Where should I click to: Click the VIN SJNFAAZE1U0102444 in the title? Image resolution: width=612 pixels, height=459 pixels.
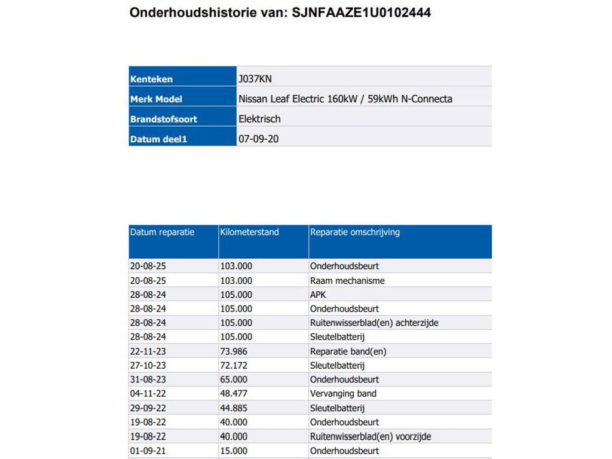click(x=361, y=13)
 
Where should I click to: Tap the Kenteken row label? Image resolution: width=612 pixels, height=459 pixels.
click(x=151, y=79)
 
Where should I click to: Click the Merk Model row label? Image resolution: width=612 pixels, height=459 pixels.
click(x=156, y=99)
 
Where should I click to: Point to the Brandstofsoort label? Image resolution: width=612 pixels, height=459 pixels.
click(x=163, y=119)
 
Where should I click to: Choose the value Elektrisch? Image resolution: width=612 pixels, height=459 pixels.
click(x=259, y=119)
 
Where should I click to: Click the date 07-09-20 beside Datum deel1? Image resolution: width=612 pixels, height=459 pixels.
click(x=258, y=139)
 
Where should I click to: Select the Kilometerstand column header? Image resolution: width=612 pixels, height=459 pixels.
click(x=249, y=232)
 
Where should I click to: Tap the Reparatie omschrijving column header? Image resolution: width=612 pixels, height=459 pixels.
click(x=355, y=232)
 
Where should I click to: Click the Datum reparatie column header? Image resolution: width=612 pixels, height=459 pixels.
click(x=162, y=232)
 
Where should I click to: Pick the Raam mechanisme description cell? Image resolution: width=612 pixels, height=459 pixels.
click(x=347, y=280)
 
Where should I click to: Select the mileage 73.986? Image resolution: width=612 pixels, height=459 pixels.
click(x=234, y=351)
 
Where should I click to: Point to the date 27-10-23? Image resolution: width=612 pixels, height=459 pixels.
click(x=146, y=365)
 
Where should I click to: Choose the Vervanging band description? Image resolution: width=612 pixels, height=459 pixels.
click(x=343, y=394)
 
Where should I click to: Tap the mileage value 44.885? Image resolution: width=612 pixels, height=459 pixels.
click(x=234, y=408)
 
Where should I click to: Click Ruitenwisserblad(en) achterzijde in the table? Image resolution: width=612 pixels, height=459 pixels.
click(x=374, y=323)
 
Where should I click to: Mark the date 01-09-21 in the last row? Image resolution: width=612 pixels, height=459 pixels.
click(x=146, y=451)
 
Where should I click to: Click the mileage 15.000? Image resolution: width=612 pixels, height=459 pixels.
click(x=234, y=451)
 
